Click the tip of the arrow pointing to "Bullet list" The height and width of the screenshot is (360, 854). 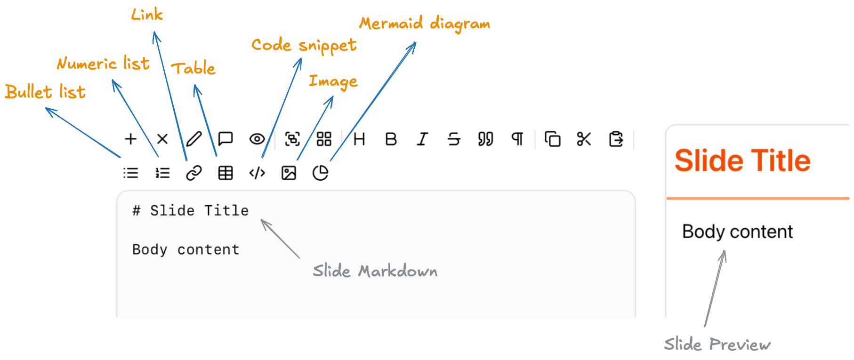pyautogui.click(x=46, y=108)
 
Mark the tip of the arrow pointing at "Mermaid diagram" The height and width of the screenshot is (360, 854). pyautogui.click(x=416, y=42)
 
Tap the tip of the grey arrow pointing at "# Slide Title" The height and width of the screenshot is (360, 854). pyautogui.click(x=262, y=220)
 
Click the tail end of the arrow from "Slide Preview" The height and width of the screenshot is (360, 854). pyautogui.click(x=705, y=326)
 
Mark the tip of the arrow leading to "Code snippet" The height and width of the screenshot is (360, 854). pyautogui.click(x=301, y=58)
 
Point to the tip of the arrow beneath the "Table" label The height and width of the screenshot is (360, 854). pyautogui.click(x=195, y=85)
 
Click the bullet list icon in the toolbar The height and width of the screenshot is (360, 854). pyautogui.click(x=131, y=173)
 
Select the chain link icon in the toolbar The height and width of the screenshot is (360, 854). pyautogui.click(x=194, y=173)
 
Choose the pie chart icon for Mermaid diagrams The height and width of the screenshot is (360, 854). pyautogui.click(x=320, y=173)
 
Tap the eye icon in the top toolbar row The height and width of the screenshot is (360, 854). pyautogui.click(x=257, y=139)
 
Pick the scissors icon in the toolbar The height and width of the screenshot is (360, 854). pyautogui.click(x=584, y=139)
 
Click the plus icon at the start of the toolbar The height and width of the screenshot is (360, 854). pyautogui.click(x=130, y=139)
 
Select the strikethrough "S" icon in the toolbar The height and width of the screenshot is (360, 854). pyautogui.click(x=454, y=139)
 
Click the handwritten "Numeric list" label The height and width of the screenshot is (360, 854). pyautogui.click(x=103, y=63)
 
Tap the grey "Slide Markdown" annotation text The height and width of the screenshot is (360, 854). pyautogui.click(x=375, y=271)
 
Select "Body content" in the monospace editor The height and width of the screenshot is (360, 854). pyautogui.click(x=186, y=249)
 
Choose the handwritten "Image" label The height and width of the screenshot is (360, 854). pyautogui.click(x=333, y=81)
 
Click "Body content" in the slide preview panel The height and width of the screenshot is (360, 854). pyautogui.click(x=738, y=232)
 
